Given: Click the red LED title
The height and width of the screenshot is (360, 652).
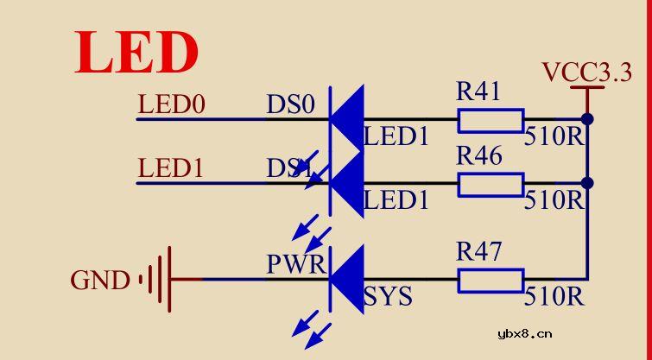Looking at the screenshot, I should tap(136, 54).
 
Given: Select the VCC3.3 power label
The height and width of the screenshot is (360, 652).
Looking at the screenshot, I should tap(587, 73).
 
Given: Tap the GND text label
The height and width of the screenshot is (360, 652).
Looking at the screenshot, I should tap(99, 281).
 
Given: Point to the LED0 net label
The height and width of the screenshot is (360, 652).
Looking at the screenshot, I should tap(172, 105).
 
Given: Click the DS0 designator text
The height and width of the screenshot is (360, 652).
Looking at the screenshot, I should tap(291, 105).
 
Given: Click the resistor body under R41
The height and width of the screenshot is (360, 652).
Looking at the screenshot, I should tap(491, 119).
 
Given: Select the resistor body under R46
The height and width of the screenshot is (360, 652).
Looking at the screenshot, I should tap(491, 184).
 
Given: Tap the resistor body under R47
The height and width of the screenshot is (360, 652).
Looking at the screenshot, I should tap(491, 280).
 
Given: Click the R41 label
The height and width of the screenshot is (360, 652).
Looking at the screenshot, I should tap(478, 92).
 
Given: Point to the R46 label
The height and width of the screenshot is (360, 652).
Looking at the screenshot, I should tap(478, 157).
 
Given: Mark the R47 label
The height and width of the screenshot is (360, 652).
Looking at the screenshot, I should tap(478, 253).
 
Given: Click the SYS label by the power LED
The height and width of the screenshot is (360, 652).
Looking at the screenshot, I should tap(388, 298).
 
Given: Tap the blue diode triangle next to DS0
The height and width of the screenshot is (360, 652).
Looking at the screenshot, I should tap(348, 118).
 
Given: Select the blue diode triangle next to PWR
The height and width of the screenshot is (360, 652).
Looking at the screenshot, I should tap(348, 279).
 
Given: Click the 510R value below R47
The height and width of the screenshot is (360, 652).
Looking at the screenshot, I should tap(554, 298).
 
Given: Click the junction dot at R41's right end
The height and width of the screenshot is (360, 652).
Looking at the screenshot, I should tap(587, 118).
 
